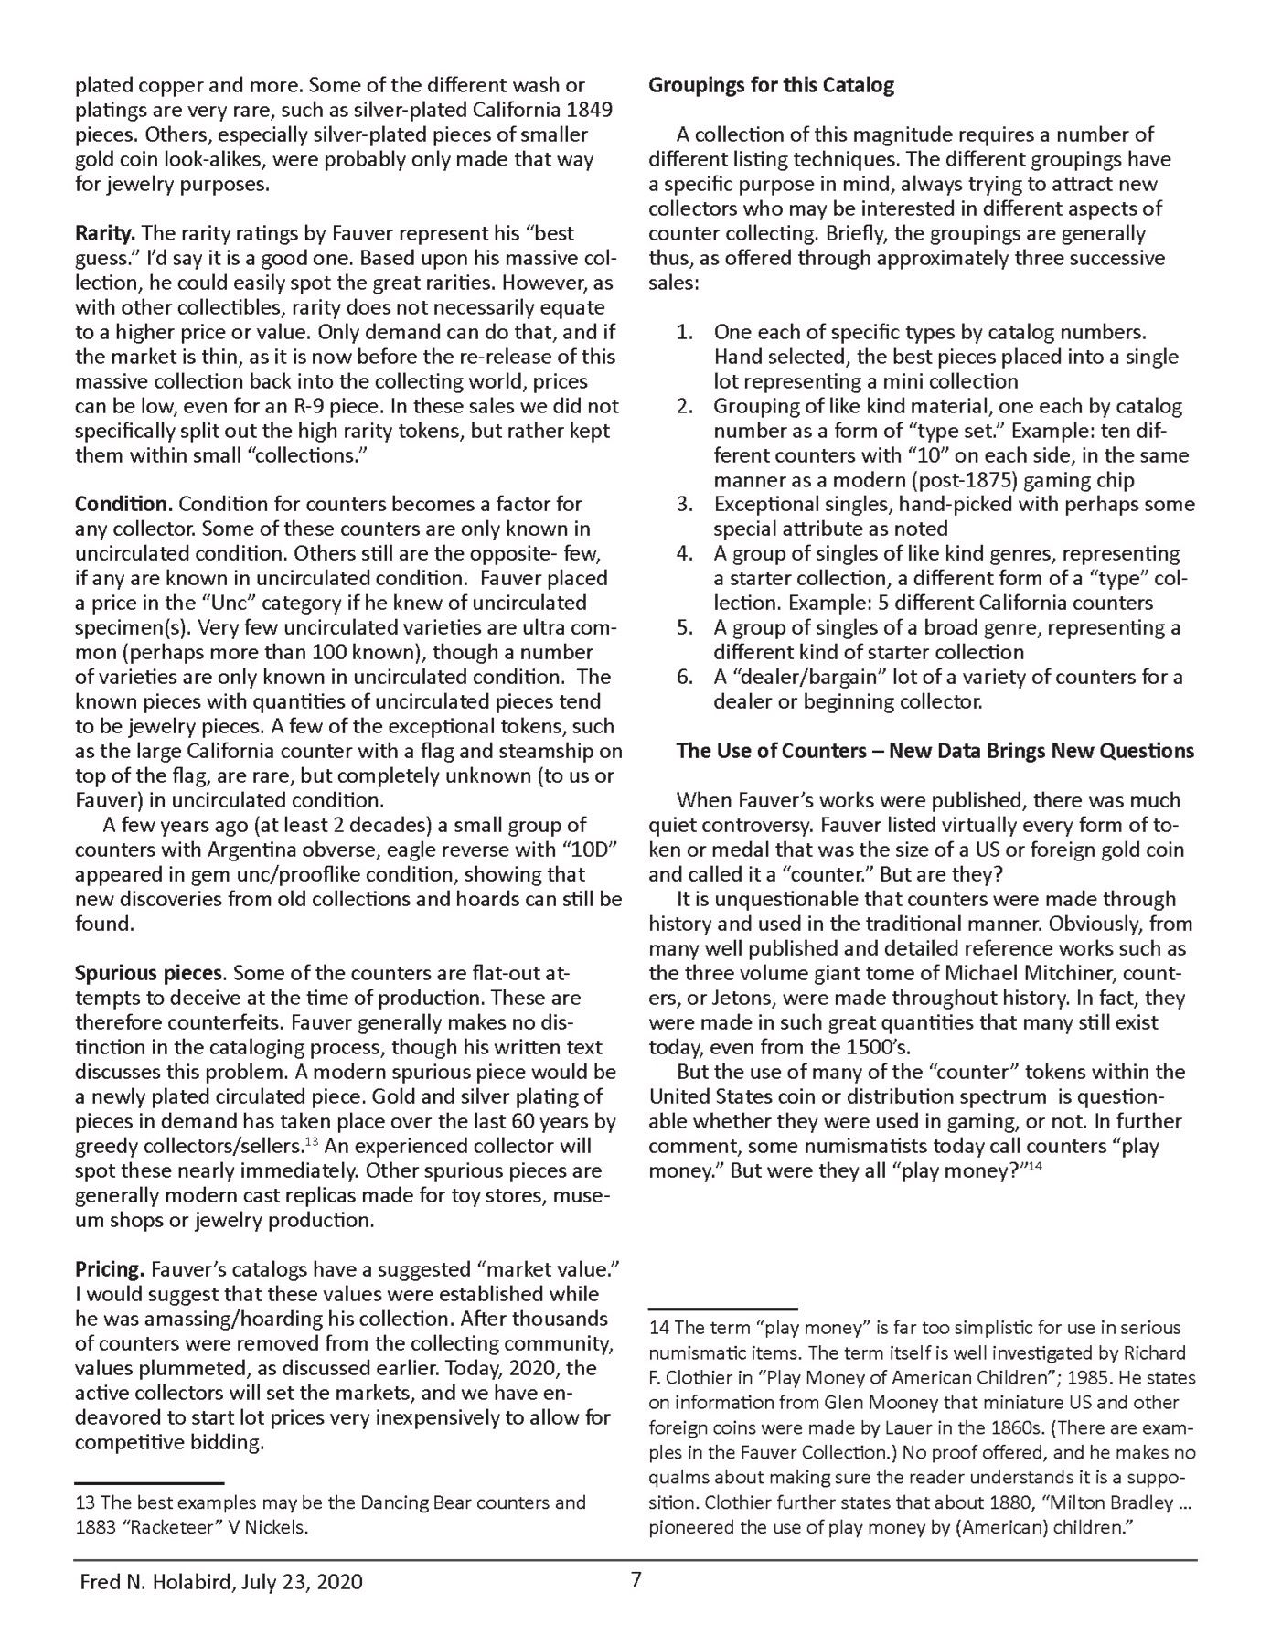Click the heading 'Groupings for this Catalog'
pyautogui.click(x=771, y=86)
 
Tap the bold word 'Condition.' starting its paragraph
pyautogui.click(x=123, y=504)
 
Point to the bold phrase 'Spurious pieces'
pyautogui.click(x=149, y=973)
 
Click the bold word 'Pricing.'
pyautogui.click(x=110, y=1269)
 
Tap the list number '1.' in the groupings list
pyautogui.click(x=684, y=332)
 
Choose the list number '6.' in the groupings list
pyautogui.click(x=684, y=678)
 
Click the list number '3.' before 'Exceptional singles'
pyautogui.click(x=684, y=504)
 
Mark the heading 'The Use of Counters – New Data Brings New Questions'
pyautogui.click(x=935, y=752)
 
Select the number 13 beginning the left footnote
pyautogui.click(x=84, y=1502)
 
